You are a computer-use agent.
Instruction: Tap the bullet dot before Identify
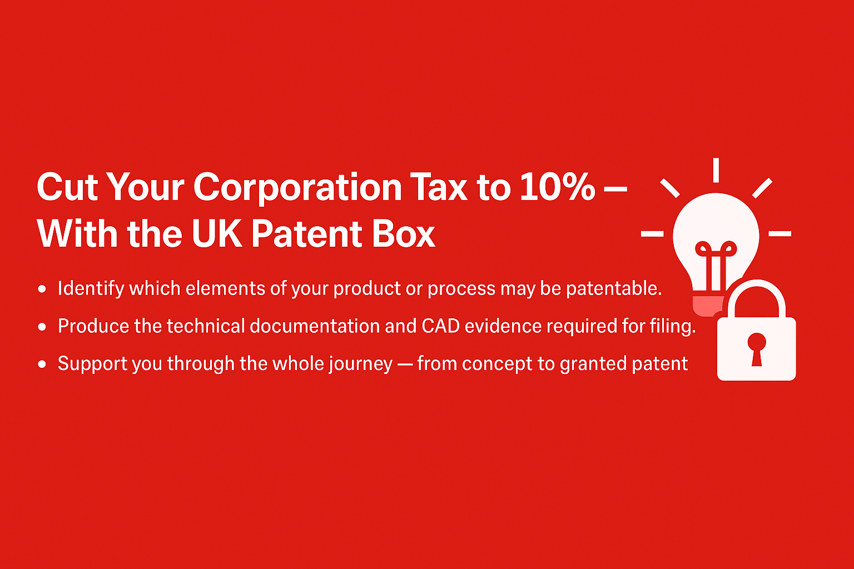pyautogui.click(x=42, y=289)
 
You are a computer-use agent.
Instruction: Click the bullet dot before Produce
pyautogui.click(x=42, y=327)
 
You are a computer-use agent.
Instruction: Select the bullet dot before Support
pyautogui.click(x=42, y=364)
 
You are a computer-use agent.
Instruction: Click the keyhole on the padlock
pyautogui.click(x=756, y=350)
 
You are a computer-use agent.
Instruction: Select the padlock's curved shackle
pyautogui.click(x=756, y=297)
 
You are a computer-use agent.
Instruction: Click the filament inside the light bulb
pyautogui.click(x=716, y=265)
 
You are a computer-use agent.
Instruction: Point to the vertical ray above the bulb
pyautogui.click(x=716, y=170)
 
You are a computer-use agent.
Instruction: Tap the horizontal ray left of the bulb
pyautogui.click(x=652, y=233)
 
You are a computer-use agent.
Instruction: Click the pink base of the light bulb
pyautogui.click(x=708, y=306)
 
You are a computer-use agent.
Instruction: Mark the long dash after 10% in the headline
pyautogui.click(x=615, y=189)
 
